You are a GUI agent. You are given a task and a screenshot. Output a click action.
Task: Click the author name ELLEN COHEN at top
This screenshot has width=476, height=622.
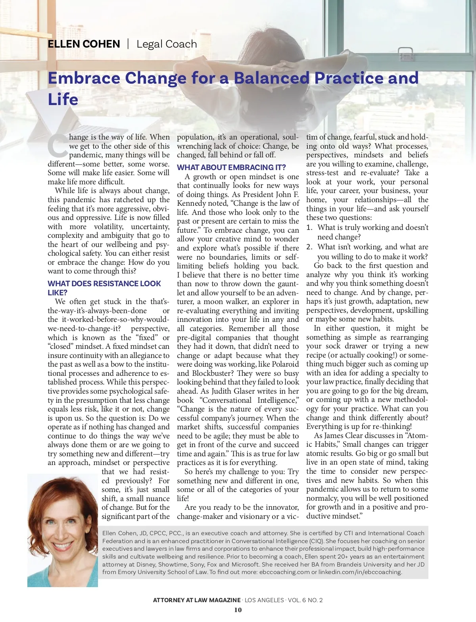click(84, 44)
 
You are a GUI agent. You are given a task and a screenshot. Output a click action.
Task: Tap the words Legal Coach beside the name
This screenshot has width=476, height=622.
click(167, 44)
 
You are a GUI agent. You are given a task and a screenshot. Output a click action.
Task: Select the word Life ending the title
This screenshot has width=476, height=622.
click(63, 99)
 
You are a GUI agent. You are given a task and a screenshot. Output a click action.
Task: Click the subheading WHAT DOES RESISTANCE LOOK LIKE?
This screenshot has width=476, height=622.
click(104, 288)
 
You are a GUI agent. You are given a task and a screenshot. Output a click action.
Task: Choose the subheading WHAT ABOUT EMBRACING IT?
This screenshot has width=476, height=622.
click(231, 167)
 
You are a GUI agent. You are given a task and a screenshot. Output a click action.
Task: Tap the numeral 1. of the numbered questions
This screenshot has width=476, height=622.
click(309, 228)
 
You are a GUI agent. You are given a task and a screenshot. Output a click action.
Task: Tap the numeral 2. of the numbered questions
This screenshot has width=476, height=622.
click(309, 247)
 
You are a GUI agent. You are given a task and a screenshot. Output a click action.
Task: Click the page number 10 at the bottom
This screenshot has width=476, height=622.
click(238, 610)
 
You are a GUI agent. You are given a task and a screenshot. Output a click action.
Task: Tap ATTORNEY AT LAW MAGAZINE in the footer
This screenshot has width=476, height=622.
click(197, 600)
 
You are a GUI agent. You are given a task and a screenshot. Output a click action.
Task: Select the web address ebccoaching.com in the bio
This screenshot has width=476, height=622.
click(284, 572)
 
